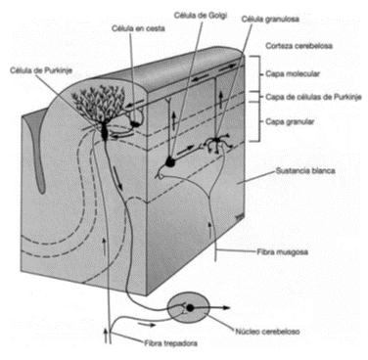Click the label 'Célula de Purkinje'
point(41,70)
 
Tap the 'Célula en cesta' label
point(138,28)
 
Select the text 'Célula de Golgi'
point(201,15)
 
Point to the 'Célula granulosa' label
point(270,20)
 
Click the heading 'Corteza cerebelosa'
point(299,46)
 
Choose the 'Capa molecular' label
point(293,73)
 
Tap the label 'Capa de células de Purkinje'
point(313,97)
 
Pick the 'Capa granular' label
point(290,122)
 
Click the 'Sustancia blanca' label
point(305,170)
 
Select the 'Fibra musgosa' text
point(283,251)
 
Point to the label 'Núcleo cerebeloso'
point(267,332)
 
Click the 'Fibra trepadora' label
point(170,343)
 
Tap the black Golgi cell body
point(170,161)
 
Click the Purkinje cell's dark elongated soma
point(105,131)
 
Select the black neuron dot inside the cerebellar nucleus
point(190,307)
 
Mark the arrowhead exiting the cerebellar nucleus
point(227,307)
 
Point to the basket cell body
point(135,123)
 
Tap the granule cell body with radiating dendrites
point(216,141)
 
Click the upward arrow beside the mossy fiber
point(209,230)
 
